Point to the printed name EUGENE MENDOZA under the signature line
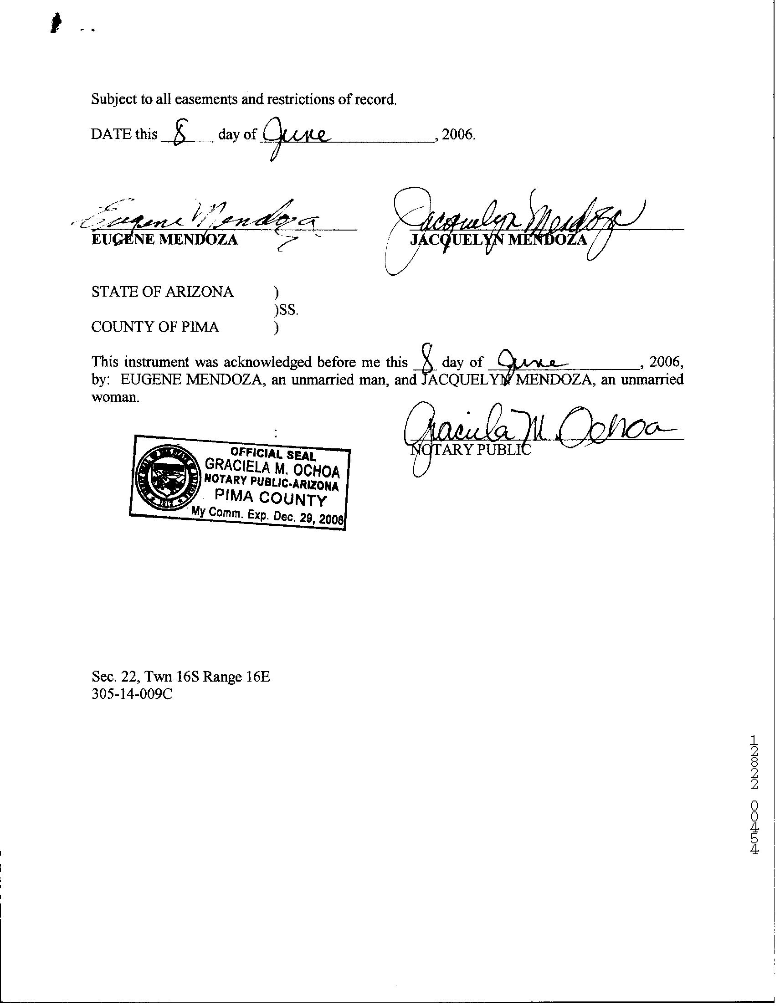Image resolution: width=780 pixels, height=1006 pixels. (x=164, y=240)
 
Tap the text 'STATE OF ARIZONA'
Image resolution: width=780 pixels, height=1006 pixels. (x=162, y=292)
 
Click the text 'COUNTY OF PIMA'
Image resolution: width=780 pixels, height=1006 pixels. (x=155, y=327)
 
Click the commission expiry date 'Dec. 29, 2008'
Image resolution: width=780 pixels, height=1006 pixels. (x=308, y=518)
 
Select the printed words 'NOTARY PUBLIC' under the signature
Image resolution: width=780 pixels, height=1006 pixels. (x=470, y=450)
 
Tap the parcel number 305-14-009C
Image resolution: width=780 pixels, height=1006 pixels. (x=132, y=694)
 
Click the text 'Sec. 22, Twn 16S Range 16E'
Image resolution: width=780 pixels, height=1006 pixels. (x=180, y=676)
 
